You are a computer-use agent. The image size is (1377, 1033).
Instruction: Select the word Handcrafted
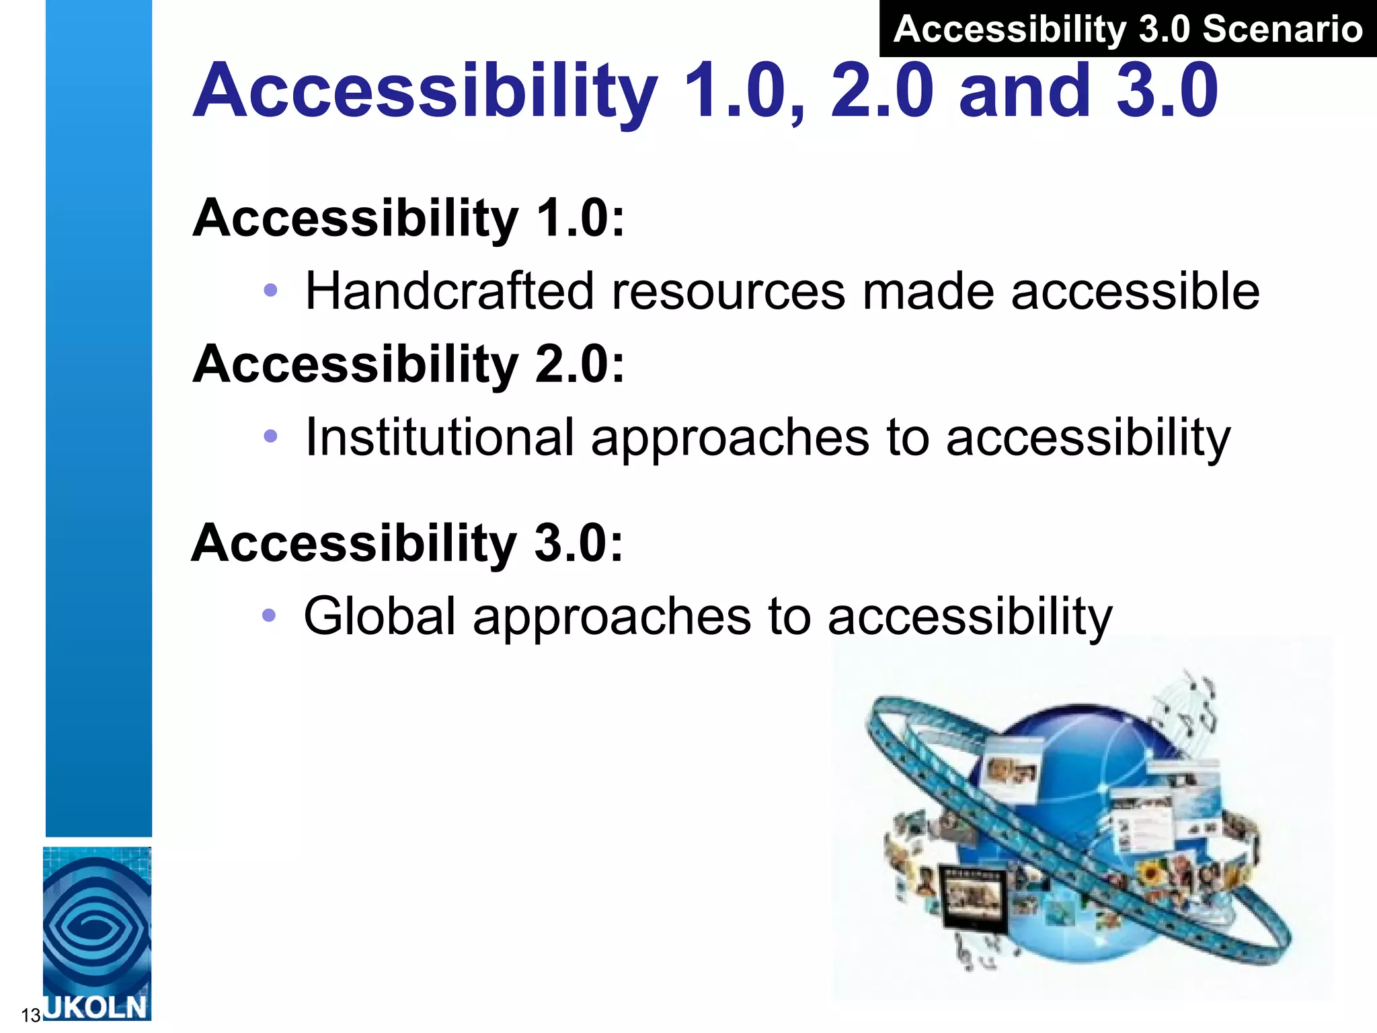450,291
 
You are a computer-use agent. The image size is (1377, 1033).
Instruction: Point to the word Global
380,616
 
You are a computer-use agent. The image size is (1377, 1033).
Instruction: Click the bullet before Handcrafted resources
270,291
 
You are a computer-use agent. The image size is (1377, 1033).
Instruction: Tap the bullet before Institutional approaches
270,436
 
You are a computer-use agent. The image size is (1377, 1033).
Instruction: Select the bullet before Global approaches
269,615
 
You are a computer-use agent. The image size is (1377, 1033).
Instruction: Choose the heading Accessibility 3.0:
407,543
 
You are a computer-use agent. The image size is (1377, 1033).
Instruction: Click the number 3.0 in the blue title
1167,90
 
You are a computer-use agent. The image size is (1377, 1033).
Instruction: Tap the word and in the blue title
1024,90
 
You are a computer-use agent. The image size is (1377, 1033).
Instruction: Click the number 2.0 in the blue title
881,90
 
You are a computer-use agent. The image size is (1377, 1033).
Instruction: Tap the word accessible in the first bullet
1135,291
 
